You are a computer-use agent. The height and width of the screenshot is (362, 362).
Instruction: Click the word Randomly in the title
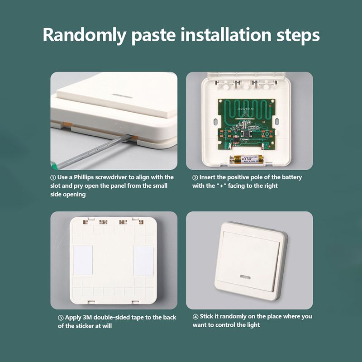(x=84, y=35)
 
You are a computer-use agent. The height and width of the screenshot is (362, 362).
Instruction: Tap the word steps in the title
(x=298, y=35)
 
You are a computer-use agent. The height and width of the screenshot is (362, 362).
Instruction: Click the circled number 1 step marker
(x=53, y=177)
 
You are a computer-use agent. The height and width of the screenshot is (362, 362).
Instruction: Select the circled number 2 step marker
(x=195, y=177)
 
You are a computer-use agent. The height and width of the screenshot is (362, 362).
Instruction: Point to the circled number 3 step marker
(x=61, y=318)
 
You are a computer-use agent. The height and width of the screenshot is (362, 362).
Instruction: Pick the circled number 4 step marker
(x=195, y=316)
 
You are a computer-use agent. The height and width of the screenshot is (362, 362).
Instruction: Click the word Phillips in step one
(x=84, y=177)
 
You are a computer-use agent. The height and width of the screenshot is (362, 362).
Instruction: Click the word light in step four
(x=253, y=325)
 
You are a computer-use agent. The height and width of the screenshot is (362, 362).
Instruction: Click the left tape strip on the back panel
(x=83, y=260)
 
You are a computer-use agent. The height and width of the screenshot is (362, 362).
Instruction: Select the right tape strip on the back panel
(x=143, y=261)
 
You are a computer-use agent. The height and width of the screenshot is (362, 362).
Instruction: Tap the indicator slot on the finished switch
(x=245, y=277)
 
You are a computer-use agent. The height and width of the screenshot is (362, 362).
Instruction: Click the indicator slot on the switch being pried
(x=122, y=96)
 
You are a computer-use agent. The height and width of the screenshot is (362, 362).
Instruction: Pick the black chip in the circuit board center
(x=246, y=133)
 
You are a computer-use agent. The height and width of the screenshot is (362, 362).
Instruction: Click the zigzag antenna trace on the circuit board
(x=246, y=108)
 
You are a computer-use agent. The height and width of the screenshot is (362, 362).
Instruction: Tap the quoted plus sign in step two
(x=221, y=186)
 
